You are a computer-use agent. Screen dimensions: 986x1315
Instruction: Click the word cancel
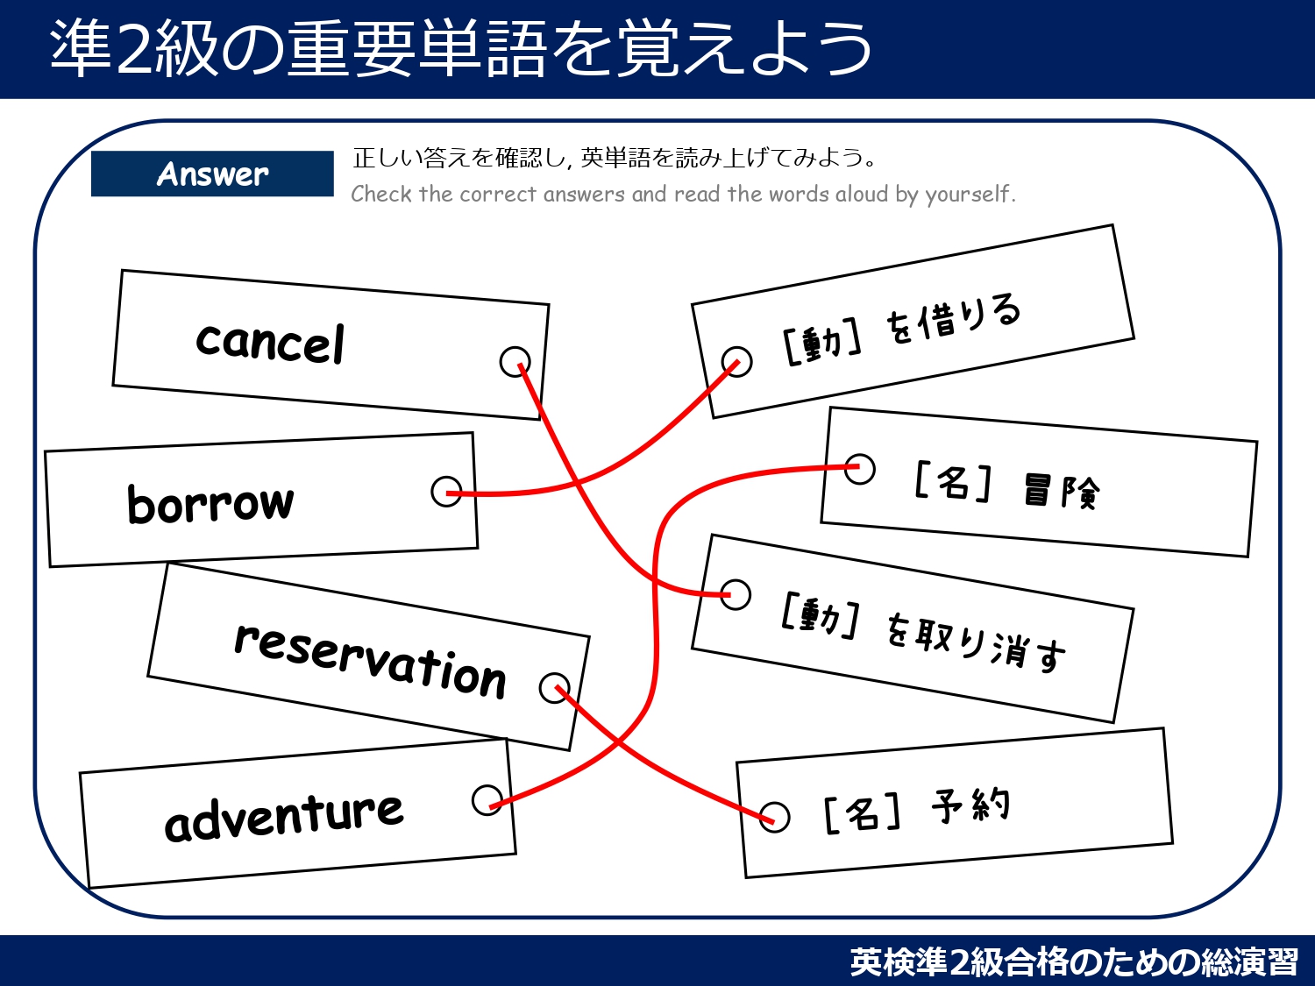[x=270, y=342]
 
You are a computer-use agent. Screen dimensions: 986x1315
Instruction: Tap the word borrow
[x=210, y=503]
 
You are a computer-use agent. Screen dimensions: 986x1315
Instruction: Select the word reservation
[x=370, y=660]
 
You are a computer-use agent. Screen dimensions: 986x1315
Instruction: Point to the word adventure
[x=284, y=816]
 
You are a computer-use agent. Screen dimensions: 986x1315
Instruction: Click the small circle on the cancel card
[x=515, y=360]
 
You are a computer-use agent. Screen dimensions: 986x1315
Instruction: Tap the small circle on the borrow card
[x=446, y=492]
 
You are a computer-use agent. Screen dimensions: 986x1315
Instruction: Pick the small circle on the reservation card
[x=555, y=688]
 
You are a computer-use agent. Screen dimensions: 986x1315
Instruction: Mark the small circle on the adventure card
[x=487, y=799]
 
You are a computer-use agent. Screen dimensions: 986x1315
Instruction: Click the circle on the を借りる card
[x=736, y=361]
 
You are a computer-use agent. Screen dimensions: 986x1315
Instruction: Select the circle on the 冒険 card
[x=859, y=468]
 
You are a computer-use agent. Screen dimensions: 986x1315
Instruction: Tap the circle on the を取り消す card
[x=735, y=594]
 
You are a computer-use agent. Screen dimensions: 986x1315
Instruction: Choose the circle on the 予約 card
[x=774, y=817]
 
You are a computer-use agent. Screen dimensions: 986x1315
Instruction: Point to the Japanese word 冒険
[x=1062, y=491]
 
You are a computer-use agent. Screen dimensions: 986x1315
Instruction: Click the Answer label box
[x=212, y=174]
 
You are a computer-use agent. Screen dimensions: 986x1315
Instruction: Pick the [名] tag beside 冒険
[x=953, y=481]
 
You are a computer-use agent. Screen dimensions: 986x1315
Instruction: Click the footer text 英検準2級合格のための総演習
[x=1074, y=961]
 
